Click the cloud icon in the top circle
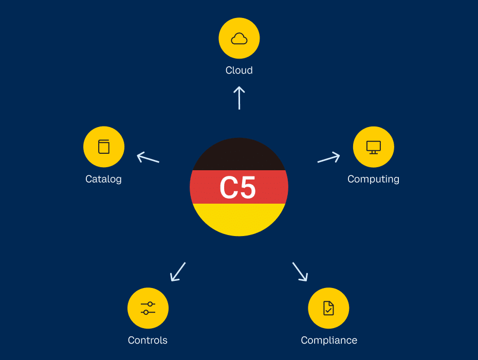click(x=239, y=39)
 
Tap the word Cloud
click(x=239, y=70)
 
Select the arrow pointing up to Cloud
click(x=239, y=98)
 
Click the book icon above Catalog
click(x=104, y=147)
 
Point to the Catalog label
click(x=103, y=179)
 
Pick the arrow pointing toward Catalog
click(x=148, y=157)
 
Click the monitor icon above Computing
click(x=374, y=147)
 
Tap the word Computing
click(x=373, y=179)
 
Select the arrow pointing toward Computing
click(x=329, y=157)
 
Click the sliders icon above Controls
click(x=148, y=308)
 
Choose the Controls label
click(x=148, y=340)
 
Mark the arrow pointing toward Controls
click(x=178, y=272)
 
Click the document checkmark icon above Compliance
click(x=328, y=308)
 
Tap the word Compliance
click(x=329, y=340)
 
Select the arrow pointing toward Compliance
click(x=300, y=272)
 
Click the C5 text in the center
click(x=238, y=188)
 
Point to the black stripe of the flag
click(x=239, y=154)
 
